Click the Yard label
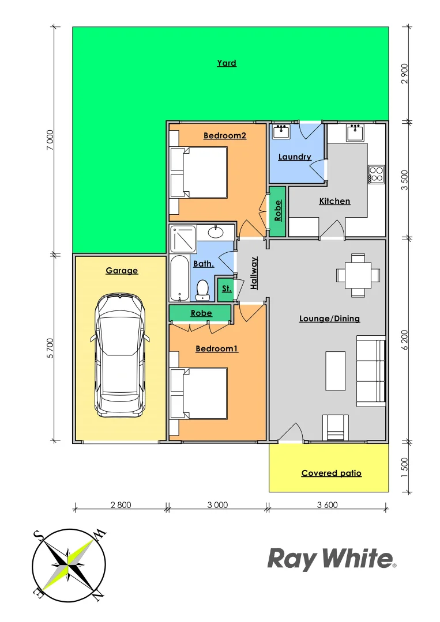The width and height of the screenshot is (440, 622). [x=227, y=63]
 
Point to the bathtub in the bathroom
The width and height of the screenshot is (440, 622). [x=179, y=279]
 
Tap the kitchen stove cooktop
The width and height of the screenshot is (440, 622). [x=376, y=174]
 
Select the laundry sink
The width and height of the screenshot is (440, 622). [x=281, y=131]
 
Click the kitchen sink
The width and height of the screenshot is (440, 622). [x=354, y=132]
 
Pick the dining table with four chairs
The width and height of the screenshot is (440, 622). [x=358, y=275]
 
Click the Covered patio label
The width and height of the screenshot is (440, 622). [x=331, y=473]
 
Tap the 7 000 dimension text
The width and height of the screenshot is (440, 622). [x=50, y=140]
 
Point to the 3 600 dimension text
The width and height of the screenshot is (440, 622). [x=327, y=505]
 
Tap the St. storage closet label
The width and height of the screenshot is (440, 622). [x=225, y=288]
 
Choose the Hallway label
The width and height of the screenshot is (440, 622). [x=254, y=273]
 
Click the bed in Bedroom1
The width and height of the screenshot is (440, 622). [x=199, y=394]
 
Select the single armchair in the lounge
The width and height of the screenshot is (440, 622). [x=335, y=427]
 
